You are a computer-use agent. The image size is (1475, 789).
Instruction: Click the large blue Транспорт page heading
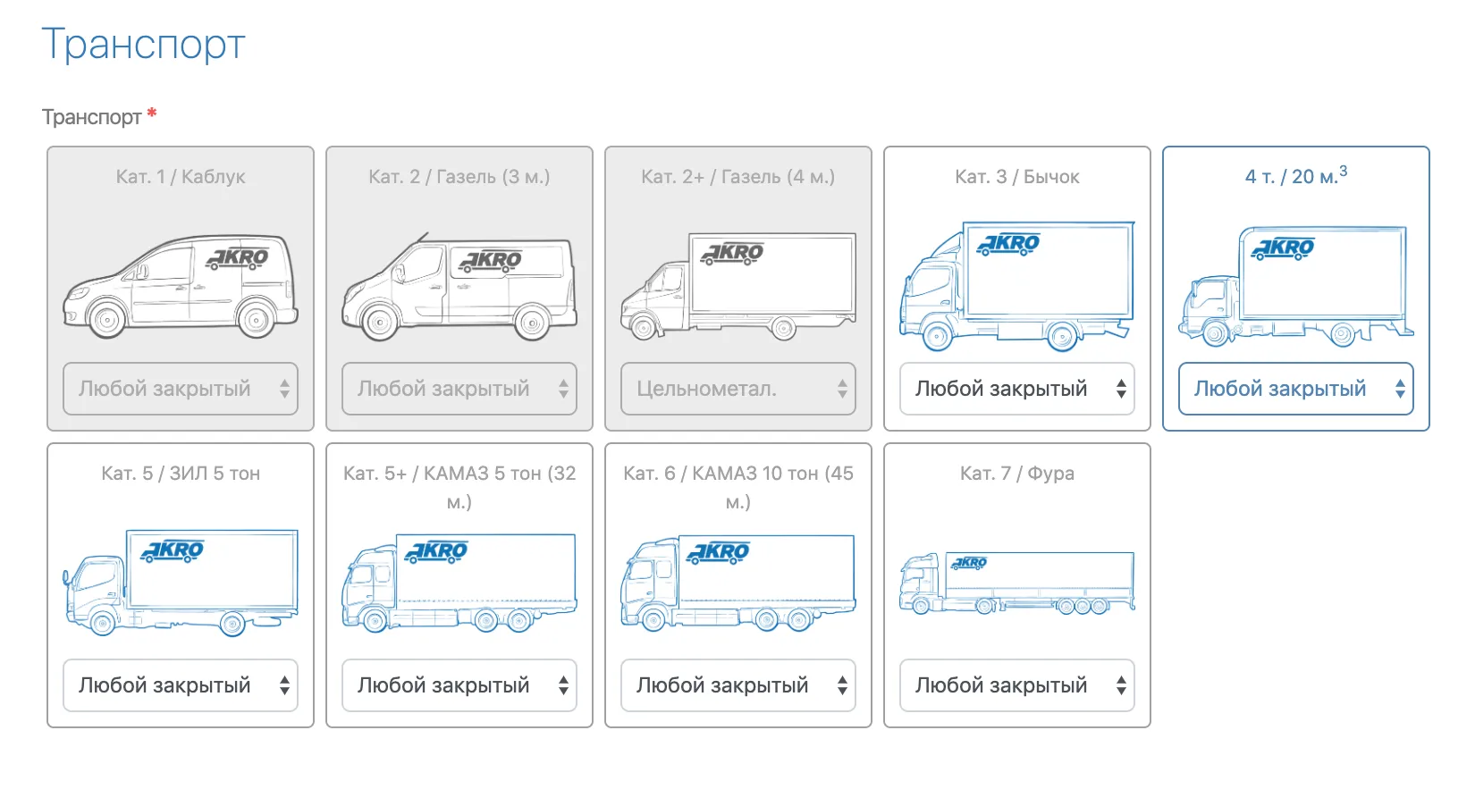click(x=143, y=45)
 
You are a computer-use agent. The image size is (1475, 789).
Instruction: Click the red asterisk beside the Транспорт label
click(x=152, y=113)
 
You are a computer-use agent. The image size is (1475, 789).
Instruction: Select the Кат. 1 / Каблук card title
click(x=181, y=177)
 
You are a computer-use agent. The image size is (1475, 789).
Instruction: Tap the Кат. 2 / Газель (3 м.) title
click(x=459, y=177)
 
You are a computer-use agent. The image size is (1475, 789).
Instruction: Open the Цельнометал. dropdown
click(x=738, y=389)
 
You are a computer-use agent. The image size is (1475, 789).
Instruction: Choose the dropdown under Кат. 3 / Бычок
click(x=1017, y=389)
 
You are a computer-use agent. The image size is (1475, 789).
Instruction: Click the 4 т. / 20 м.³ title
click(x=1296, y=175)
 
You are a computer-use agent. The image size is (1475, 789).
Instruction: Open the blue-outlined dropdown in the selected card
click(x=1296, y=389)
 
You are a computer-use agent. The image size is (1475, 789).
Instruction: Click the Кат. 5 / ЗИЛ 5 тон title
click(x=181, y=474)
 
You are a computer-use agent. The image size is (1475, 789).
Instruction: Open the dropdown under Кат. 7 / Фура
click(x=1017, y=685)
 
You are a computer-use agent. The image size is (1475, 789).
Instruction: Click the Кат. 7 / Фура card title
click(x=1017, y=474)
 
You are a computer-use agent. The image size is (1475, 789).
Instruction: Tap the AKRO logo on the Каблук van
click(x=238, y=258)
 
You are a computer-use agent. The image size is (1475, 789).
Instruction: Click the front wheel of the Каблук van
click(x=107, y=319)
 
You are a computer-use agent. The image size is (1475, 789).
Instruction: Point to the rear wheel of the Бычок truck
click(x=1063, y=337)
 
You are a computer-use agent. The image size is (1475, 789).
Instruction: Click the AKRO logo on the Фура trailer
click(x=969, y=563)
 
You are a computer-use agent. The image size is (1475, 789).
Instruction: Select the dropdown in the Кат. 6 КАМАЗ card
click(x=738, y=685)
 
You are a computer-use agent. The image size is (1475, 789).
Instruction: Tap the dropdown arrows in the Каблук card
click(x=284, y=389)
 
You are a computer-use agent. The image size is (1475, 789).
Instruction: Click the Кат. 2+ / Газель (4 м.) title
click(x=738, y=177)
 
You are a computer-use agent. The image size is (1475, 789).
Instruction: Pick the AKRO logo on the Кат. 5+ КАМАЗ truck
click(x=437, y=551)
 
